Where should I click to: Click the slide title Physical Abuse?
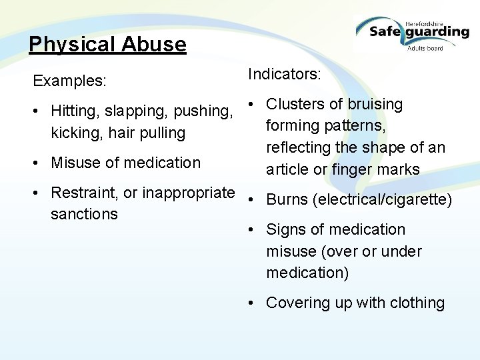[107, 45]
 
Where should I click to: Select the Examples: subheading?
[69, 81]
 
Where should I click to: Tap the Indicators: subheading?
[285, 74]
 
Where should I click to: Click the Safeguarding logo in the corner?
[411, 31]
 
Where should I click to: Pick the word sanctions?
[84, 215]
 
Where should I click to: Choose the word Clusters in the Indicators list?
[296, 104]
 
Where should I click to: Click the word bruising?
[374, 104]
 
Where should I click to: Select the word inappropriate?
[179, 193]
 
